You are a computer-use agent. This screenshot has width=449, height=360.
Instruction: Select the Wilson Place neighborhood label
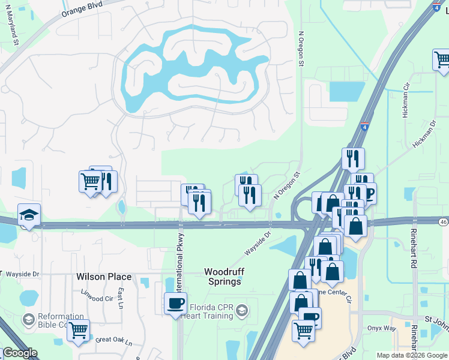[103, 277]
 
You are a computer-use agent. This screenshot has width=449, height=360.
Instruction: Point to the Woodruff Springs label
[223, 277]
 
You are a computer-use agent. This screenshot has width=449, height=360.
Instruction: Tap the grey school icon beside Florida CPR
[241, 310]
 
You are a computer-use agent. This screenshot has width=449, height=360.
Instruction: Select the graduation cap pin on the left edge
[28, 215]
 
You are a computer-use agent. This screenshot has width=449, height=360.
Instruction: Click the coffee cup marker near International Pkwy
[175, 303]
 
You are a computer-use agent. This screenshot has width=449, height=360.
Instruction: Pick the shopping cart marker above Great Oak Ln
[78, 331]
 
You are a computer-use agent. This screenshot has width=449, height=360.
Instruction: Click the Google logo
[19, 353]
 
